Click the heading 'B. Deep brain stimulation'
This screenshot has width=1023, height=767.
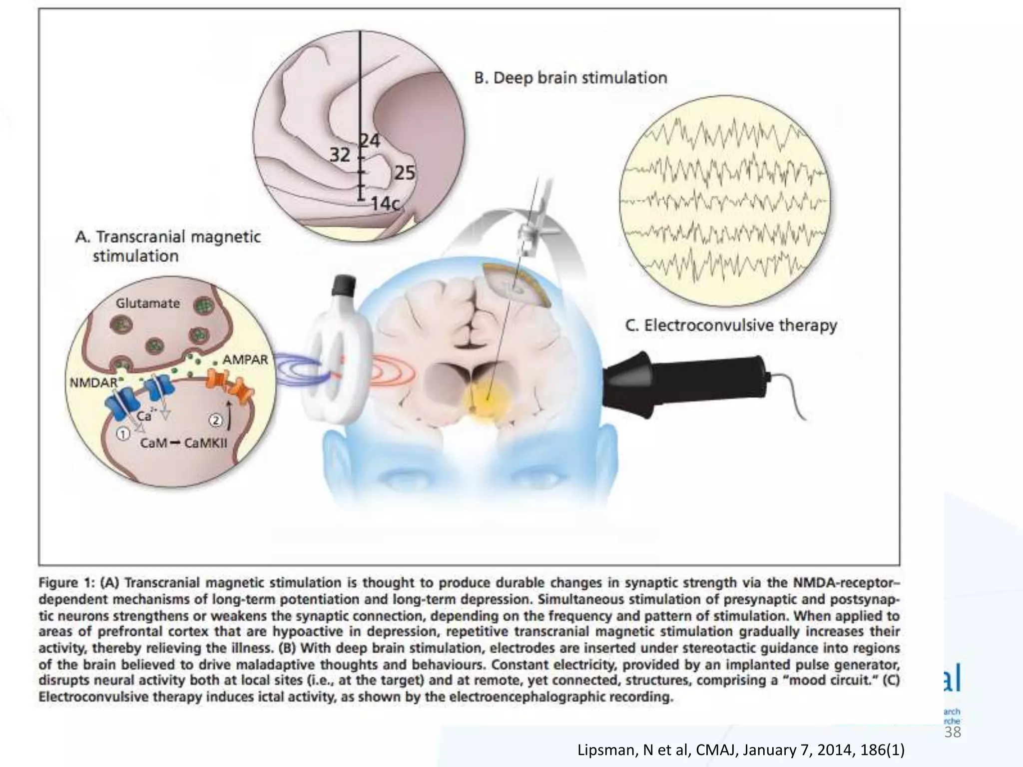click(570, 78)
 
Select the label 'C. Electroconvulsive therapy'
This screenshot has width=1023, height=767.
click(731, 326)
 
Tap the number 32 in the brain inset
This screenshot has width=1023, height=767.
click(340, 155)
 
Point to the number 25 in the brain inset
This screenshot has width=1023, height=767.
click(405, 173)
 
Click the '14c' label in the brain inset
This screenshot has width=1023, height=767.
click(385, 204)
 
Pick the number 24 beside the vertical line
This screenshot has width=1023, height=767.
click(370, 141)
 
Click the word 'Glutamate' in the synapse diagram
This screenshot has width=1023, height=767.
click(148, 303)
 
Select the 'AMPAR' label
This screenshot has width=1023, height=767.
click(245, 360)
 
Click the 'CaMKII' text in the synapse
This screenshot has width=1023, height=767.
click(206, 443)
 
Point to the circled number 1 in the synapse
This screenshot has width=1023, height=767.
click(122, 434)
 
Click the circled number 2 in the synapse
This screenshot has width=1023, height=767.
click(216, 420)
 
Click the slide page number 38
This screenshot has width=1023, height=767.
click(953, 732)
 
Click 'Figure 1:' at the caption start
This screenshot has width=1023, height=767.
click(67, 583)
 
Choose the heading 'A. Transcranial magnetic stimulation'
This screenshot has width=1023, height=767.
click(168, 246)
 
